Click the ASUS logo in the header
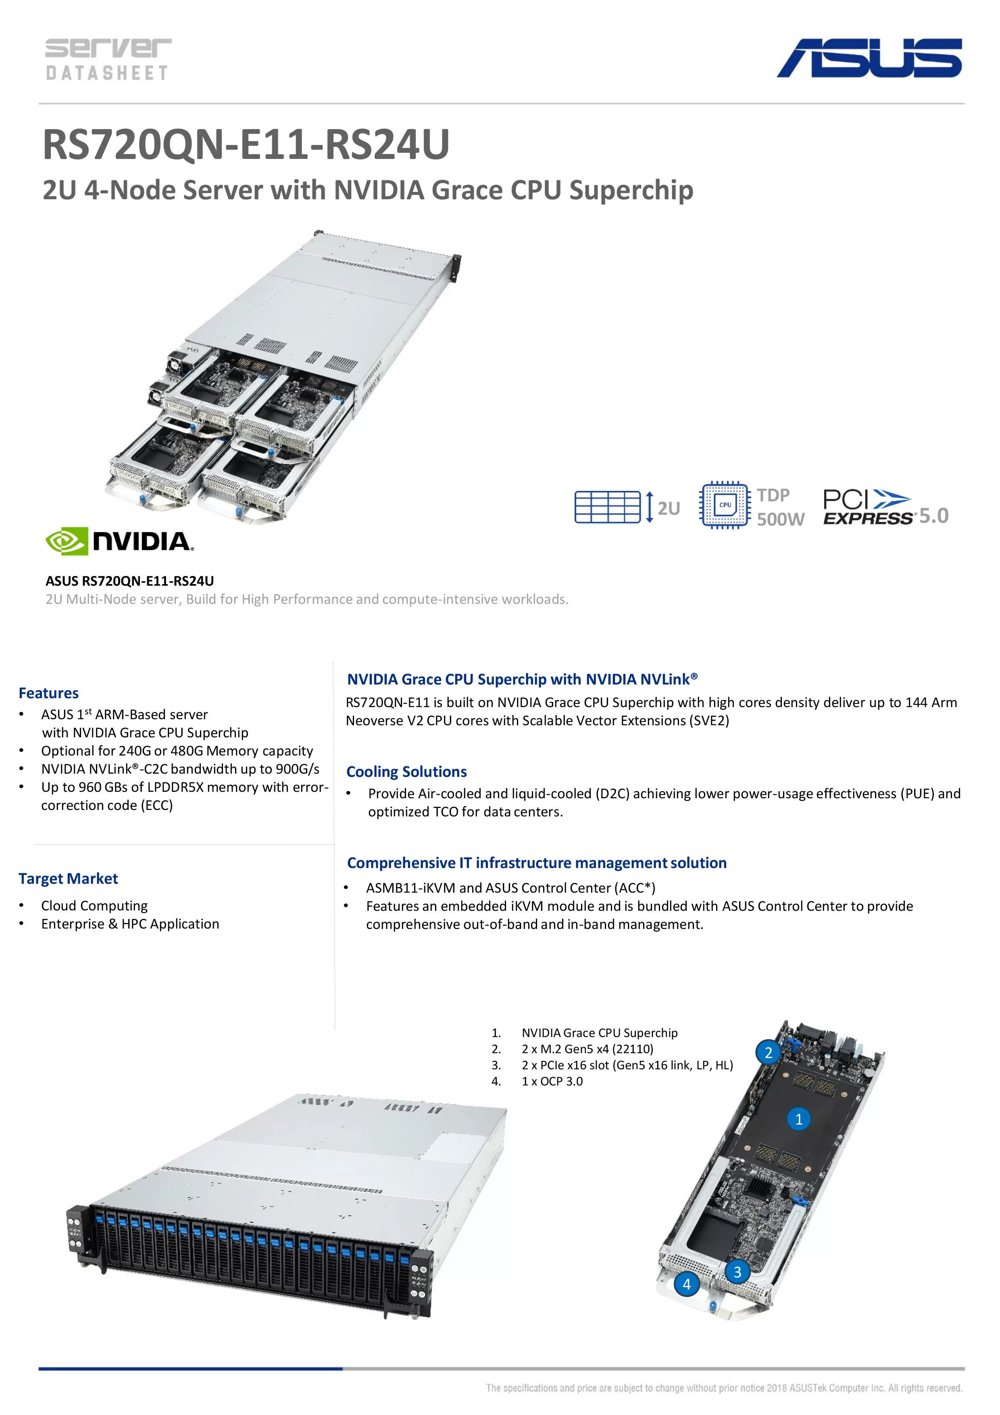pyautogui.click(x=869, y=58)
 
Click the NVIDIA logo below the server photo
pyautogui.click(x=120, y=541)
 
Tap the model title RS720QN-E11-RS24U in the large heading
pyautogui.click(x=246, y=145)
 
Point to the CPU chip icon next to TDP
pyautogui.click(x=725, y=505)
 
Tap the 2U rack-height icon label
pyautogui.click(x=669, y=508)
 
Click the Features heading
pyautogui.click(x=49, y=693)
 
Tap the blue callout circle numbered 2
pyautogui.click(x=768, y=1053)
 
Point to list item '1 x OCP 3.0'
pyautogui.click(x=552, y=1081)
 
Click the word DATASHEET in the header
pyautogui.click(x=106, y=73)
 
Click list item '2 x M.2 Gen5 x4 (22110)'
pyautogui.click(x=587, y=1049)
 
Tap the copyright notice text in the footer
pyautogui.click(x=723, y=1388)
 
